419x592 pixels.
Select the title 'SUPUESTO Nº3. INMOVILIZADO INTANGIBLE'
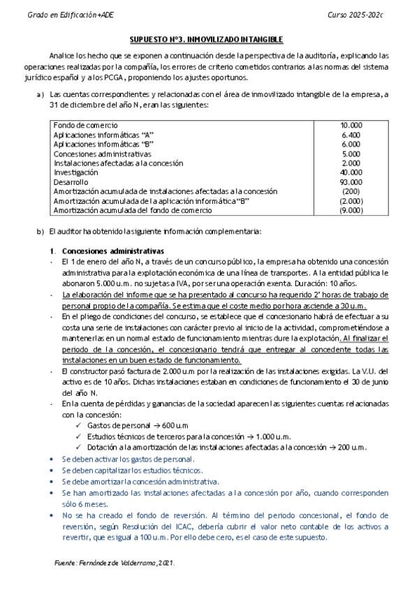click(209, 40)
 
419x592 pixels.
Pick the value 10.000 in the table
click(351, 125)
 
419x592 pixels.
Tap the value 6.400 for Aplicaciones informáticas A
click(351, 134)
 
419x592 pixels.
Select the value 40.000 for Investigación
click(351, 172)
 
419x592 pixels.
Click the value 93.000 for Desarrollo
click(351, 182)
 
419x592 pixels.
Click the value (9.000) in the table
click(351, 210)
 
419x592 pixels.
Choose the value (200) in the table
click(351, 191)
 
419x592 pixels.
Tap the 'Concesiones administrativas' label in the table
click(98, 153)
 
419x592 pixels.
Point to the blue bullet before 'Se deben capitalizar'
click(54, 470)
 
